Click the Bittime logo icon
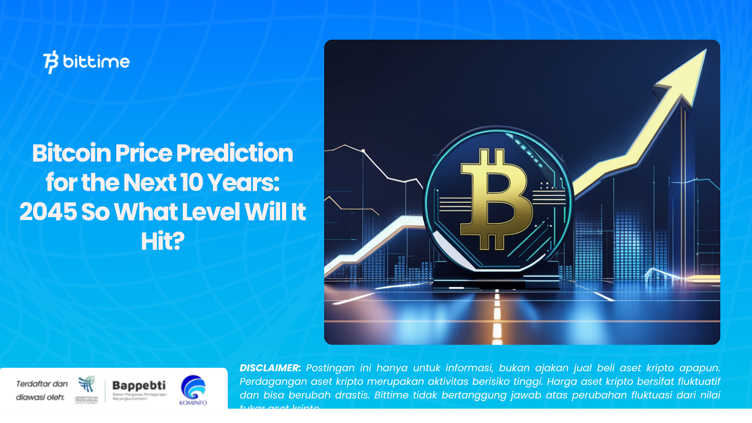pos(51,62)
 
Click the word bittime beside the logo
pos(96,62)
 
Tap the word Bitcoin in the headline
pos(71,153)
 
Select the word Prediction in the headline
pos(235,153)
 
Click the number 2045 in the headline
pos(48,212)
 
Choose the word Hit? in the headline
pos(163,242)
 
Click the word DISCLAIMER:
pos(270,368)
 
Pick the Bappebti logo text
pos(139,386)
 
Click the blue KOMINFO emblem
pos(193,387)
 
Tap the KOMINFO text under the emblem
pos(193,403)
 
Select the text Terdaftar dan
pos(42,384)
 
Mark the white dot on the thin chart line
pos(363,151)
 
